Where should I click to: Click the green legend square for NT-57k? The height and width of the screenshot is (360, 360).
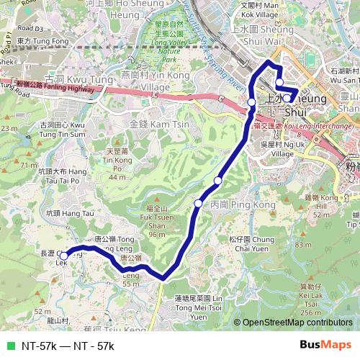click(x=9, y=346)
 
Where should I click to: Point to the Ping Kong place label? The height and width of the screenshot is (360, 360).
click(x=233, y=205)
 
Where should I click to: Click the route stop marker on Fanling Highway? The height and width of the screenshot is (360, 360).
click(x=251, y=103)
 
